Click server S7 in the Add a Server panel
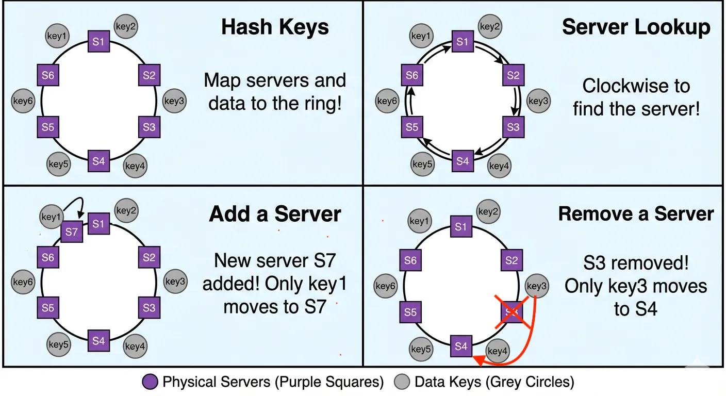pyautogui.click(x=72, y=232)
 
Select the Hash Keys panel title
pyautogui.click(x=275, y=27)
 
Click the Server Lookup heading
pyautogui.click(x=636, y=27)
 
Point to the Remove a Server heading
pyautogui.click(x=636, y=213)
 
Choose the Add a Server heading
pyautogui.click(x=275, y=213)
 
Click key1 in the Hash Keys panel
pyautogui.click(x=57, y=37)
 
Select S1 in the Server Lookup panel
pyautogui.click(x=463, y=41)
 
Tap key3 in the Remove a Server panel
pyautogui.click(x=536, y=286)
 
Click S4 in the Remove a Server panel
pyautogui.click(x=461, y=346)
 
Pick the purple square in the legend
pyautogui.click(x=150, y=382)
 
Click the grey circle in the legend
pyautogui.click(x=402, y=382)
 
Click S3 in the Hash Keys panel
pyautogui.click(x=149, y=126)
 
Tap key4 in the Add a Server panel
pyautogui.click(x=135, y=346)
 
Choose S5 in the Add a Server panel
pyautogui.click(x=48, y=308)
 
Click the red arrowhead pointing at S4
pyautogui.click(x=477, y=362)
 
